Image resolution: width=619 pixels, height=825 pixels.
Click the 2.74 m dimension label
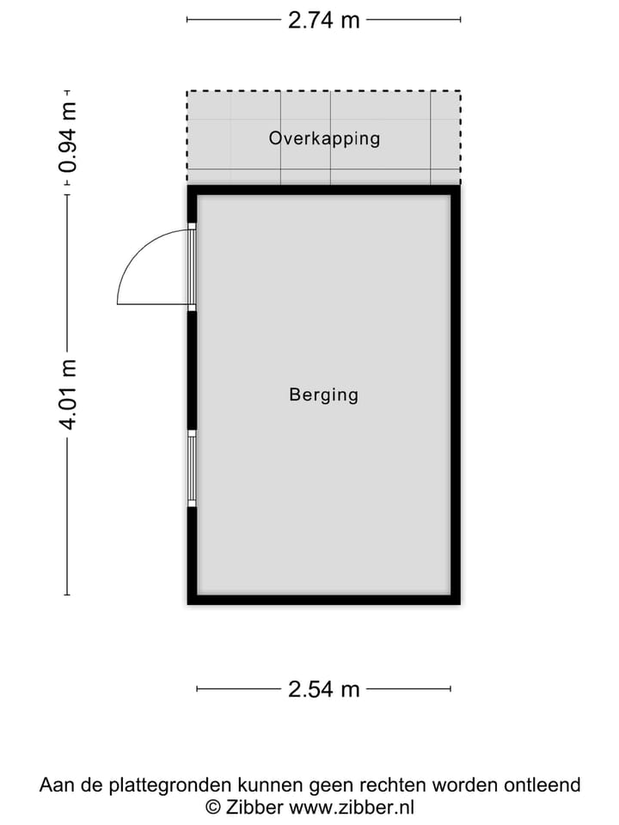[323, 20]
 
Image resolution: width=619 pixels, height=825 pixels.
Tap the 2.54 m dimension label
[323, 688]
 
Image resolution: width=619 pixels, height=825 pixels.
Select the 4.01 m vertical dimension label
[68, 394]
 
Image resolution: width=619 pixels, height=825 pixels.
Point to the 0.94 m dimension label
[68, 137]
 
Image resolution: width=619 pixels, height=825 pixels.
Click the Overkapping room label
[324, 138]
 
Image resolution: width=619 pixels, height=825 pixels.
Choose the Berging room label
[323, 395]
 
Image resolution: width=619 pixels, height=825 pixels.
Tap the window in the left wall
[193, 468]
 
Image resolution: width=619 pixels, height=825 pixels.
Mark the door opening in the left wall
[193, 267]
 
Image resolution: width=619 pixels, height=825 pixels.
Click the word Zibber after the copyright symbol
[256, 807]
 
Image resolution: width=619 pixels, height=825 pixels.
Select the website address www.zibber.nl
[352, 807]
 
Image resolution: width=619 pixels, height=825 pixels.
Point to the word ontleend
[544, 785]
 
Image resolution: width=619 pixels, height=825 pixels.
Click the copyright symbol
[212, 807]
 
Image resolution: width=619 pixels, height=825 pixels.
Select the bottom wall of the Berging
[323, 599]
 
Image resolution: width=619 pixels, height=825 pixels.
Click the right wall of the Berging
[456, 395]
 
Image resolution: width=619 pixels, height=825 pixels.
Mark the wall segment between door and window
[193, 370]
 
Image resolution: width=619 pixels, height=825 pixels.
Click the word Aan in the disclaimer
[55, 785]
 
